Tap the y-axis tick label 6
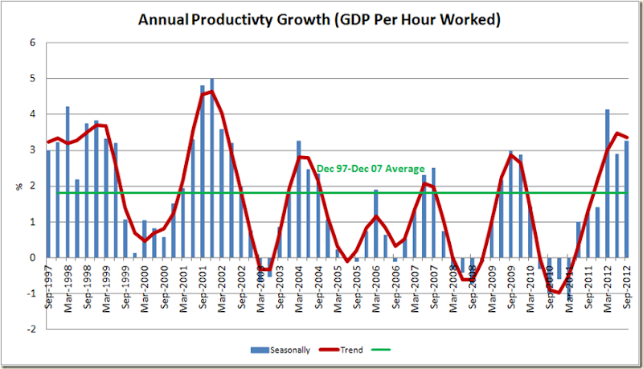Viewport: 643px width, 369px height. point(33,43)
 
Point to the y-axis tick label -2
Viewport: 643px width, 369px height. point(31,329)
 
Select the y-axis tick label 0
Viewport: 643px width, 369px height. point(33,257)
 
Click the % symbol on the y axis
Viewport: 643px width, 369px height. point(19,187)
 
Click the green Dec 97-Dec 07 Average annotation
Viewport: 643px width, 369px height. point(371,169)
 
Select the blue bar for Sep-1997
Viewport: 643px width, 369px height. point(48,205)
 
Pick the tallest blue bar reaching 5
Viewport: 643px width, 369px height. point(212,169)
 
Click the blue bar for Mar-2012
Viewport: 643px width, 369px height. point(607,185)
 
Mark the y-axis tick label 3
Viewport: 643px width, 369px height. point(33,150)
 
